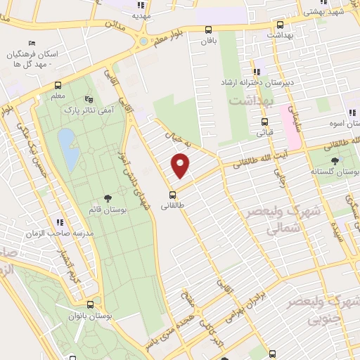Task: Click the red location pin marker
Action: [x=181, y=165]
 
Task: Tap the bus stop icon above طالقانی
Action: [x=171, y=195]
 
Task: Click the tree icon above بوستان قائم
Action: [x=106, y=200]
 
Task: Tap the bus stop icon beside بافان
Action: [x=208, y=30]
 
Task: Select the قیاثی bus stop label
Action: [x=264, y=131]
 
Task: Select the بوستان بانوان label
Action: [x=91, y=316]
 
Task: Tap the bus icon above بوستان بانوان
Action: [x=91, y=305]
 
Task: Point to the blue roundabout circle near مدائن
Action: [x=143, y=41]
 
